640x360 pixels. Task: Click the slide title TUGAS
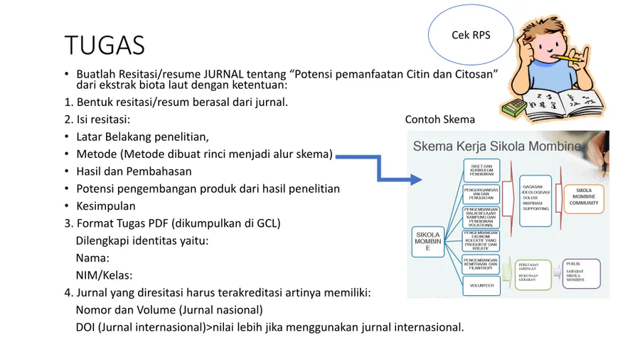105,45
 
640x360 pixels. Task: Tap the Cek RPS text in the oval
471,35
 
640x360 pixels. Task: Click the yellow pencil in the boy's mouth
569,58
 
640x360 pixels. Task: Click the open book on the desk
562,103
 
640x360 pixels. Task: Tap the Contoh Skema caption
439,120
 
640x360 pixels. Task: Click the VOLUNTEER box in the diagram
481,285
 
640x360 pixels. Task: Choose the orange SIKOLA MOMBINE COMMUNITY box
584,197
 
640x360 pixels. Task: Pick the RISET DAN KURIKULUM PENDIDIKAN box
481,170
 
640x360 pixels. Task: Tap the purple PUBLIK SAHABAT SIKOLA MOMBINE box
581,272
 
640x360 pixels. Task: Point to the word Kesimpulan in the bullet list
106,206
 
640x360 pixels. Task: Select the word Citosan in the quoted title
474,74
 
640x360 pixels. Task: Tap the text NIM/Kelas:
104,275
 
